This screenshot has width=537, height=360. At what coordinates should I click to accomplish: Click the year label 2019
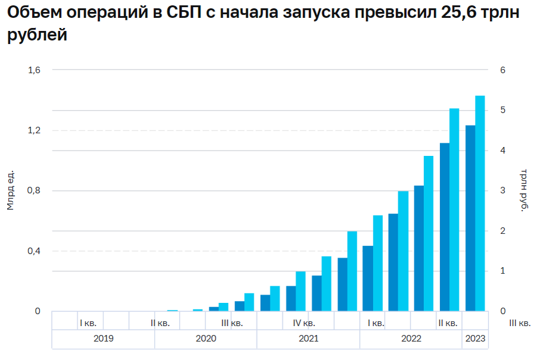[x=103, y=339]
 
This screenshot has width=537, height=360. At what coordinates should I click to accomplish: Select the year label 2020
[x=205, y=339]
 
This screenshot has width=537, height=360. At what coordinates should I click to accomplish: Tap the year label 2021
[x=308, y=339]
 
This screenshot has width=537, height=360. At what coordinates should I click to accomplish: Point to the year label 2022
[x=411, y=339]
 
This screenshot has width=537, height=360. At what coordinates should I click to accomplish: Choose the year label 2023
[x=474, y=339]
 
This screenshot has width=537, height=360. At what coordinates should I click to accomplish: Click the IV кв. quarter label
[x=304, y=323]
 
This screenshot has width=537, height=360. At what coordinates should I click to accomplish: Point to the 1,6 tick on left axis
[x=34, y=70]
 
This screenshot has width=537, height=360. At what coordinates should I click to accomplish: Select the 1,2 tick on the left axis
[x=34, y=130]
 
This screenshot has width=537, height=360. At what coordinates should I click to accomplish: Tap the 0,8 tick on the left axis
[x=34, y=191]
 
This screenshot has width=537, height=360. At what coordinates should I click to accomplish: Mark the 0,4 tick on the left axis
[x=34, y=251]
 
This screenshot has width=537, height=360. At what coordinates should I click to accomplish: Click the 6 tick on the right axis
[x=503, y=70]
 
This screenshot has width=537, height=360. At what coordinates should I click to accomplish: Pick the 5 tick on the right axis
[x=503, y=111]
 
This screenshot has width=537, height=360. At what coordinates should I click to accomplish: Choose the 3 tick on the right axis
[x=503, y=191]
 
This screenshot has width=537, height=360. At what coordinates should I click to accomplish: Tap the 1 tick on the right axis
[x=503, y=271]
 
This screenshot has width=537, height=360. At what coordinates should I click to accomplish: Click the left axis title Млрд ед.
[x=10, y=190]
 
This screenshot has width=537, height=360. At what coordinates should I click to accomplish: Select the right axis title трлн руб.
[x=524, y=190]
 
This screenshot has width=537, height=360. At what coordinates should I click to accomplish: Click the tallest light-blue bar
[x=480, y=203]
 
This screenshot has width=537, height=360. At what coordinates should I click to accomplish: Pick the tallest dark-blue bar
[x=470, y=218]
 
